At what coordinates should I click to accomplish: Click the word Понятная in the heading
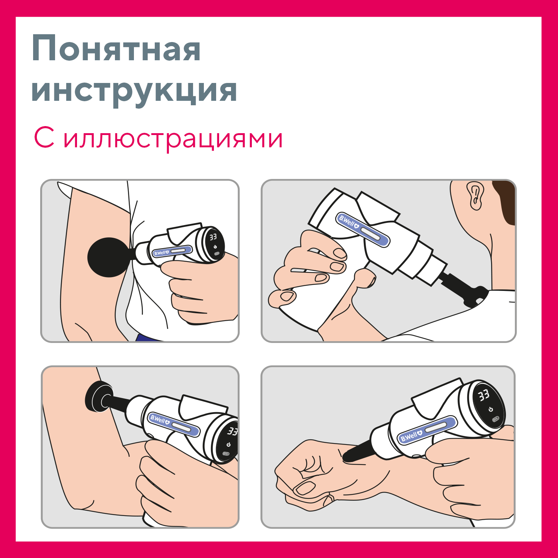tap(116, 48)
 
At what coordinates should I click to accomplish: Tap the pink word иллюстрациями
tap(173, 139)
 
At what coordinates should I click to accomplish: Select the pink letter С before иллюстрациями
tap(44, 138)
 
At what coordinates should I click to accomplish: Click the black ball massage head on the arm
tap(109, 257)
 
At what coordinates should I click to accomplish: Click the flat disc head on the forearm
tap(98, 397)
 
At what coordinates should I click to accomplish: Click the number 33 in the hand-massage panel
tap(484, 395)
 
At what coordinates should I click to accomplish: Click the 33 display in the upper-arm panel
tap(213, 237)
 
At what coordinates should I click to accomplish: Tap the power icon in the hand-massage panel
tap(491, 409)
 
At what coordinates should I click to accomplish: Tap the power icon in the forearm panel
tap(228, 445)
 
